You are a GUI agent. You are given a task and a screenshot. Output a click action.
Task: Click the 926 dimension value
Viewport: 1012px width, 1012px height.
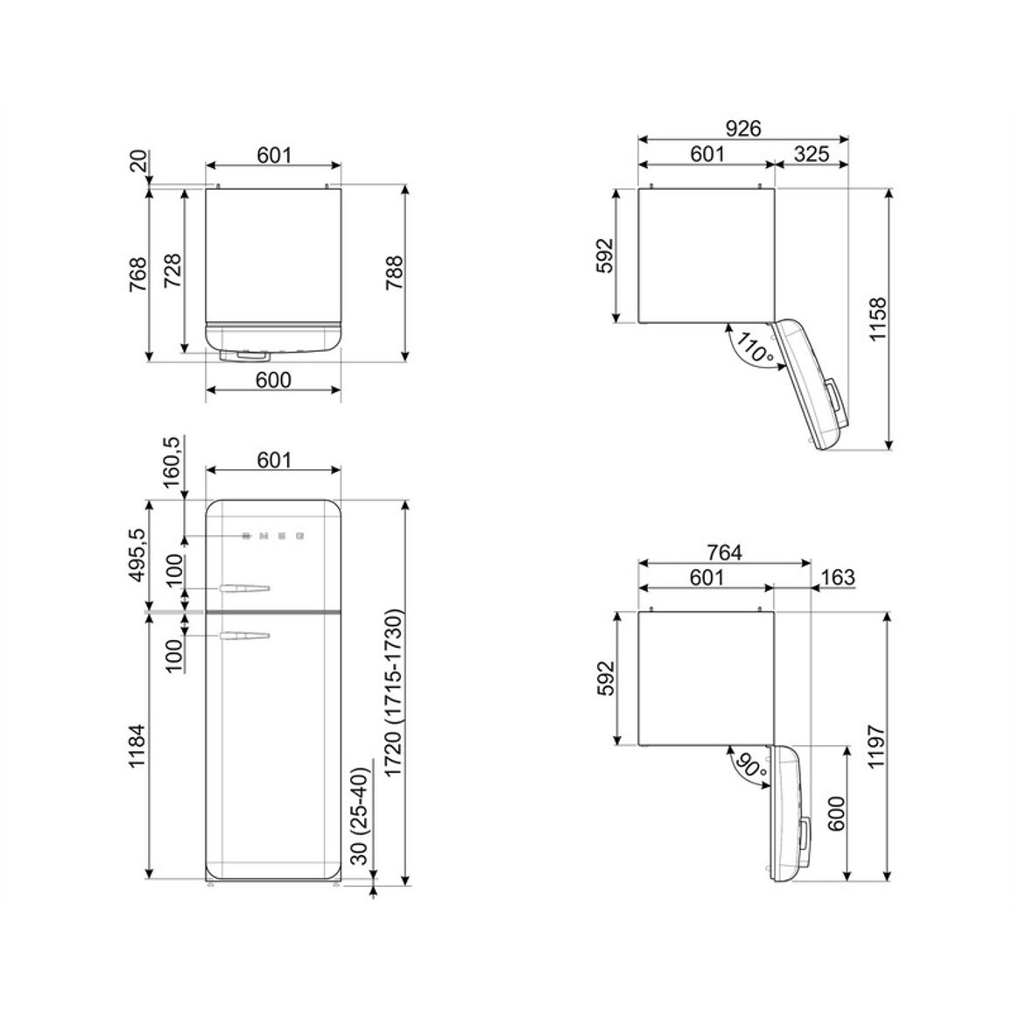coord(743,129)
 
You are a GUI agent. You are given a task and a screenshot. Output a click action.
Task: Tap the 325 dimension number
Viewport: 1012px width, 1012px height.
coord(812,154)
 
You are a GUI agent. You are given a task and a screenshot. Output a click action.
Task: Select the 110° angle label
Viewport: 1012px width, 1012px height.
coord(753,348)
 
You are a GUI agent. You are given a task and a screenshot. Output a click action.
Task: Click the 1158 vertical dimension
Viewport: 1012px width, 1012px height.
coord(878,320)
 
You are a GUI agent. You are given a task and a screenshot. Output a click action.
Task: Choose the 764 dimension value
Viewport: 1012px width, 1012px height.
coord(725,553)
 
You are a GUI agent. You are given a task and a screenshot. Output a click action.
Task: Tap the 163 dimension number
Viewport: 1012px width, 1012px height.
coord(839,577)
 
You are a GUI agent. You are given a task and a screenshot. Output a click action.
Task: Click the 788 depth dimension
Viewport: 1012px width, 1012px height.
coord(394,273)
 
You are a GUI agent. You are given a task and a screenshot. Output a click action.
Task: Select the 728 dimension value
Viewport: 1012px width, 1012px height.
coord(173,271)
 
